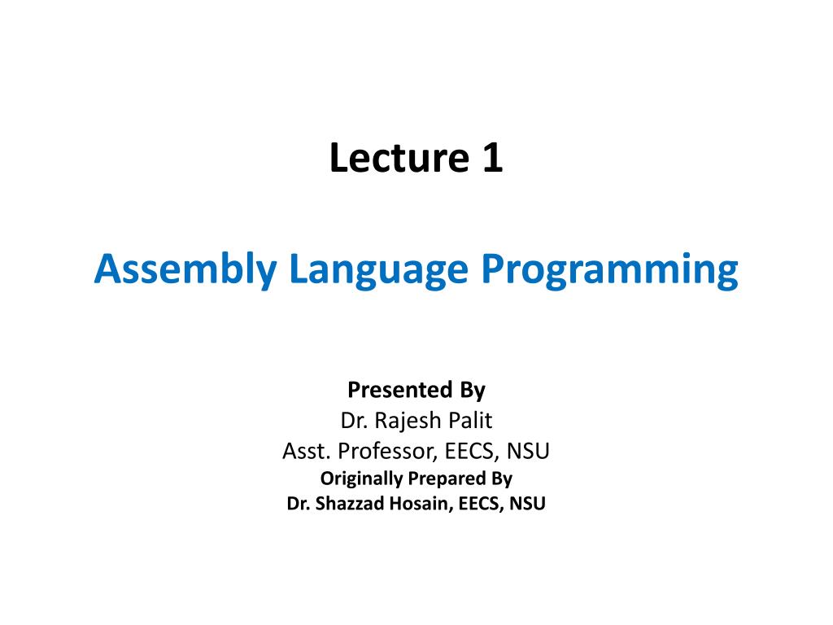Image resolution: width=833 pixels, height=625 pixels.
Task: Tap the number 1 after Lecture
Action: coord(491,158)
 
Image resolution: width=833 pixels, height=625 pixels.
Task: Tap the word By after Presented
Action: coord(472,391)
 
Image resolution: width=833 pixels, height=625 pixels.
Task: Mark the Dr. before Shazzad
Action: coord(298,504)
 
